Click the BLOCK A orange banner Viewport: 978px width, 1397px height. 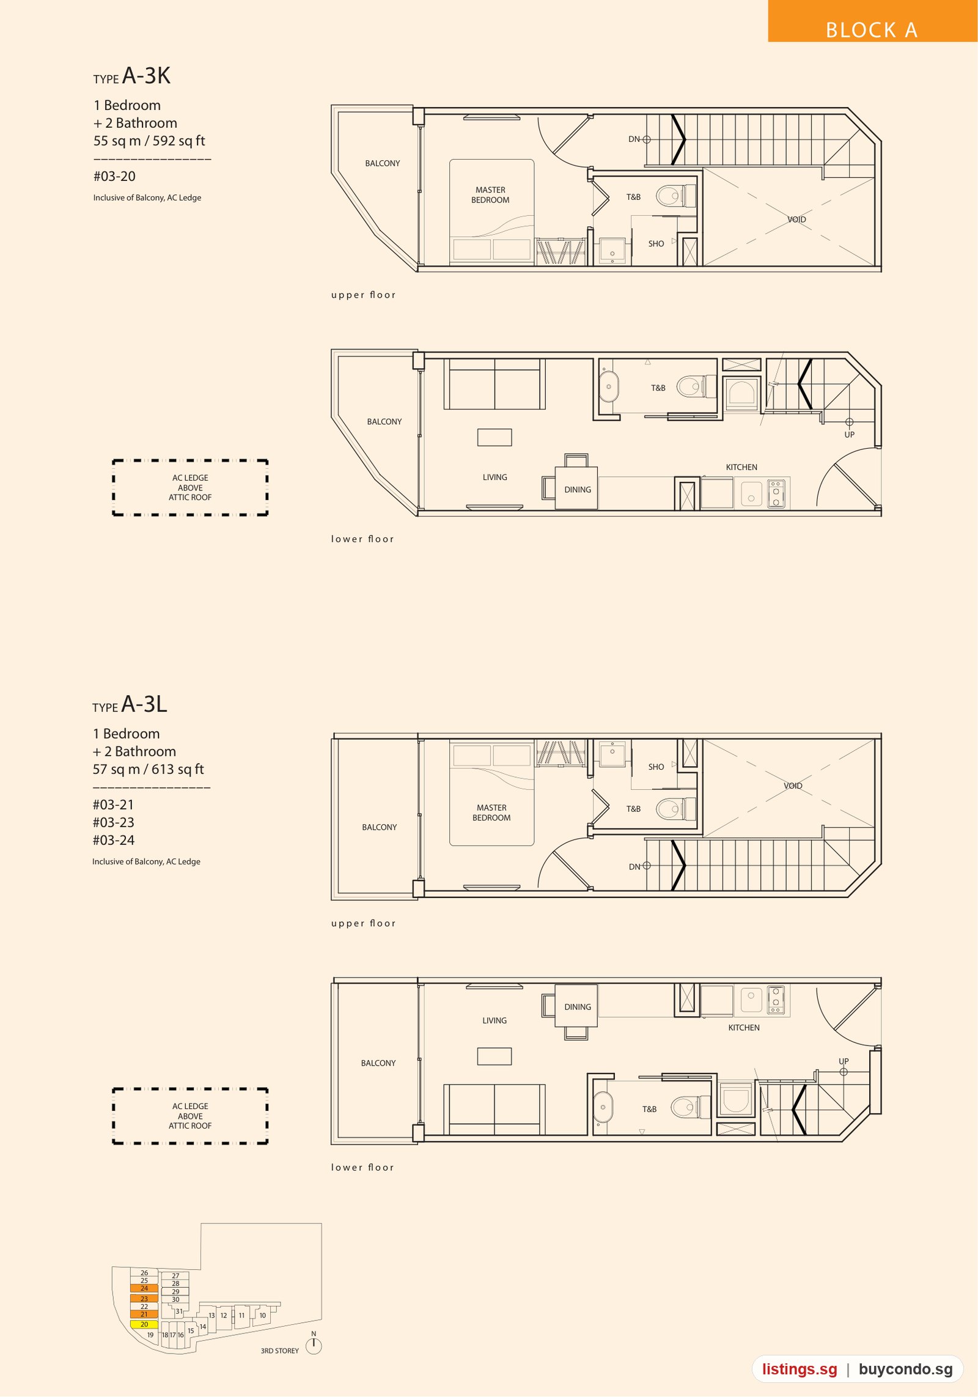click(872, 21)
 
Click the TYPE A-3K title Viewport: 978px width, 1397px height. click(131, 76)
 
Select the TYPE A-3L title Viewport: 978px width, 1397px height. click(130, 704)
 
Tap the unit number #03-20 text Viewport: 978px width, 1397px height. click(114, 176)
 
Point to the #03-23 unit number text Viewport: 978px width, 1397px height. click(113, 822)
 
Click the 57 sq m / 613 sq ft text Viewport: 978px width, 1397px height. click(148, 769)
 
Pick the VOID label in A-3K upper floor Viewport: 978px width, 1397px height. click(796, 219)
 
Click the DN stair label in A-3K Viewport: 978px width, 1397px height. click(634, 139)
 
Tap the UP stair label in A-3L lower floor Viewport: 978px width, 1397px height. click(844, 1061)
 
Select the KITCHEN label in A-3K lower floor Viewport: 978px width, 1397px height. click(741, 467)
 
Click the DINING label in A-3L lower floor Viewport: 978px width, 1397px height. click(578, 1007)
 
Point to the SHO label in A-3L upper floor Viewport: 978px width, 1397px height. click(656, 767)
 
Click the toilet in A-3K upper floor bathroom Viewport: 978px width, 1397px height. click(676, 196)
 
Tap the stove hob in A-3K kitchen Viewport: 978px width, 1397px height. click(776, 492)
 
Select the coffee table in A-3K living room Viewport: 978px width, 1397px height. click(495, 437)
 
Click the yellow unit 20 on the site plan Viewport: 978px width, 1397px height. click(144, 1324)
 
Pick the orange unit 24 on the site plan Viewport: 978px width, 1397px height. click(144, 1288)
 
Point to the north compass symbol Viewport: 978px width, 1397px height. click(314, 1345)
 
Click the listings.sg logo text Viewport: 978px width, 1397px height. click(800, 1369)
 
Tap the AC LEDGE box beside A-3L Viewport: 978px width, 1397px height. click(190, 1116)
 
